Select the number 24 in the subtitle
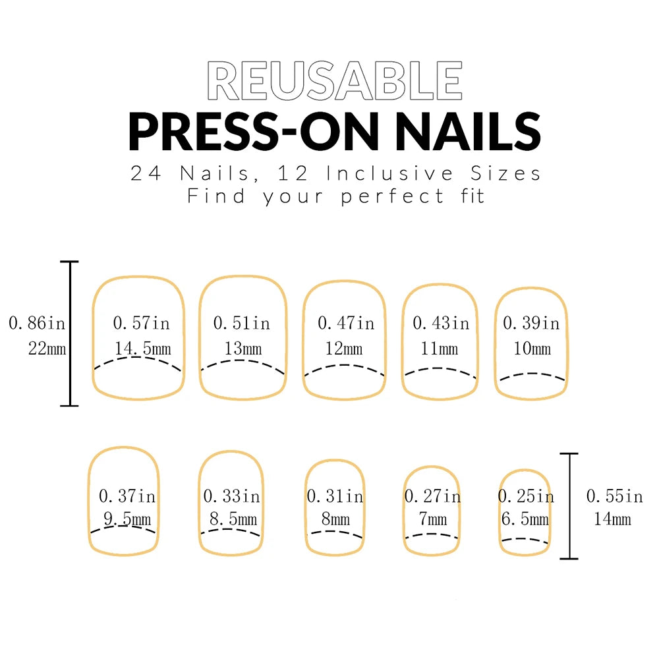click(x=146, y=174)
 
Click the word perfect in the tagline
click(x=393, y=196)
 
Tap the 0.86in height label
click(x=37, y=324)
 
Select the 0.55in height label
click(x=614, y=495)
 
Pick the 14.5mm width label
click(x=142, y=349)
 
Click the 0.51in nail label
click(x=241, y=324)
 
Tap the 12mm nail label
click(x=343, y=349)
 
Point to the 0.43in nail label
click(x=441, y=324)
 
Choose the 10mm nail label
click(x=532, y=349)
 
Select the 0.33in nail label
click(x=231, y=496)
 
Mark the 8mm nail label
click(x=335, y=520)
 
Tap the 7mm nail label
click(x=432, y=520)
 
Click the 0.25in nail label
click(x=526, y=496)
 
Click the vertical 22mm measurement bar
click(x=70, y=333)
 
